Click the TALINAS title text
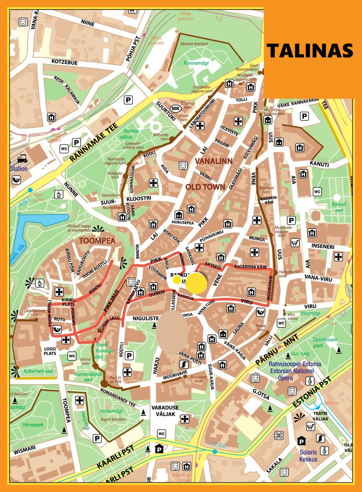pos(309,51)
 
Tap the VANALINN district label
pos(213,161)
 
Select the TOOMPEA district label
pos(97,241)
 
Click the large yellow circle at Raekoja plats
pos(196,283)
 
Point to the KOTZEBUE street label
pos(64,62)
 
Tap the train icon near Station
pos(22,158)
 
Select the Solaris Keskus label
pos(308,456)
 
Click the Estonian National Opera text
pos(292,371)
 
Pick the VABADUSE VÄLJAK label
pos(165,411)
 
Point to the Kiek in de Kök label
pos(115,379)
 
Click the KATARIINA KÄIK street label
pos(250,267)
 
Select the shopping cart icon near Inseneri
pos(295,243)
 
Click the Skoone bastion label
pos(194,44)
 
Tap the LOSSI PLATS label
pos(50,351)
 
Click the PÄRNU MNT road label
pos(277,350)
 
